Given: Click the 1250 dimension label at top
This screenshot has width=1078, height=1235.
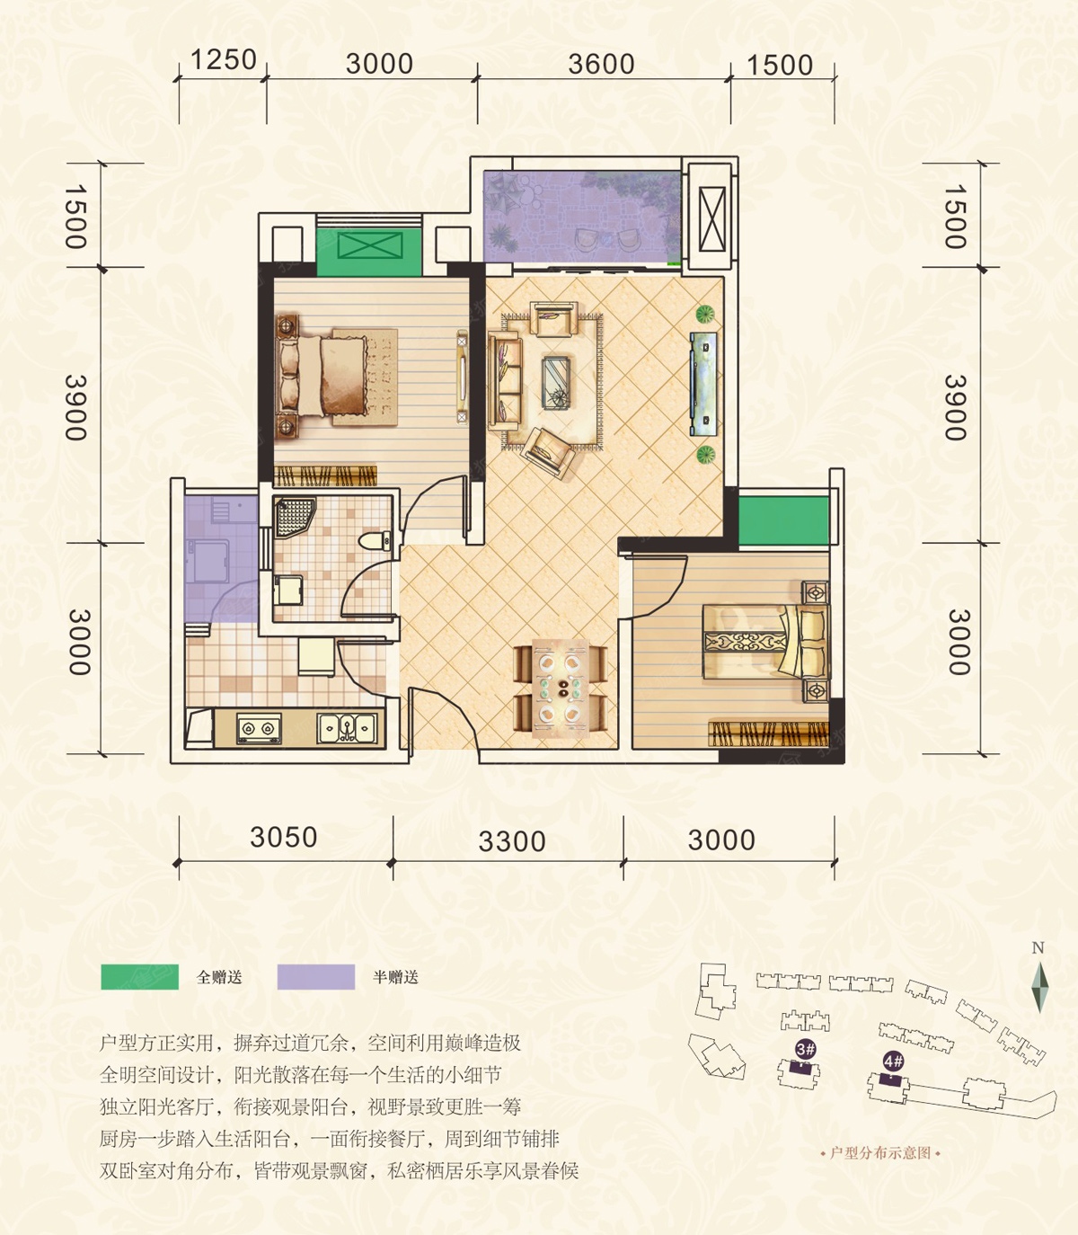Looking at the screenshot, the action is tap(223, 59).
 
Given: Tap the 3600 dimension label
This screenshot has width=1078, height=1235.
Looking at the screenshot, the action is tap(601, 64).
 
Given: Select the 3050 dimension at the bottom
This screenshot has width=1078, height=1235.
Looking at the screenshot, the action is tap(284, 837).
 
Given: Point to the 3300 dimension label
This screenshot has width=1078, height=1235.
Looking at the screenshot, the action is tap(511, 841).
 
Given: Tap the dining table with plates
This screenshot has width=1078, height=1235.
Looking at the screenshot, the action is tap(561, 689).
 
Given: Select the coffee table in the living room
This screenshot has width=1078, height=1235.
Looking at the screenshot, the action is tap(556, 383).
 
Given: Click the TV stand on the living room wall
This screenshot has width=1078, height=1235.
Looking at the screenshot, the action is tap(704, 383).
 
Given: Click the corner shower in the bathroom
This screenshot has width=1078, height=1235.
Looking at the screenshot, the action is tap(295, 517).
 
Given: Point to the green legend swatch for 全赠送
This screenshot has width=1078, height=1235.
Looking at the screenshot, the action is tap(140, 977).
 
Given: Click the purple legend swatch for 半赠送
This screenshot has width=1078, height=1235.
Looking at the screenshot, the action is tap(316, 977).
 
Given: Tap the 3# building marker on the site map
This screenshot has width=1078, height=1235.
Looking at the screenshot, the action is tap(805, 1048).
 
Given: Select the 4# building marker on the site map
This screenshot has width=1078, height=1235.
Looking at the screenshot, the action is tap(894, 1061).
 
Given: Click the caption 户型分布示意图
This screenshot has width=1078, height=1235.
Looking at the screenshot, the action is tap(880, 1153).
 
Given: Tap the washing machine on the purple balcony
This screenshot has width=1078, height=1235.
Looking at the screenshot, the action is tap(208, 562).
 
